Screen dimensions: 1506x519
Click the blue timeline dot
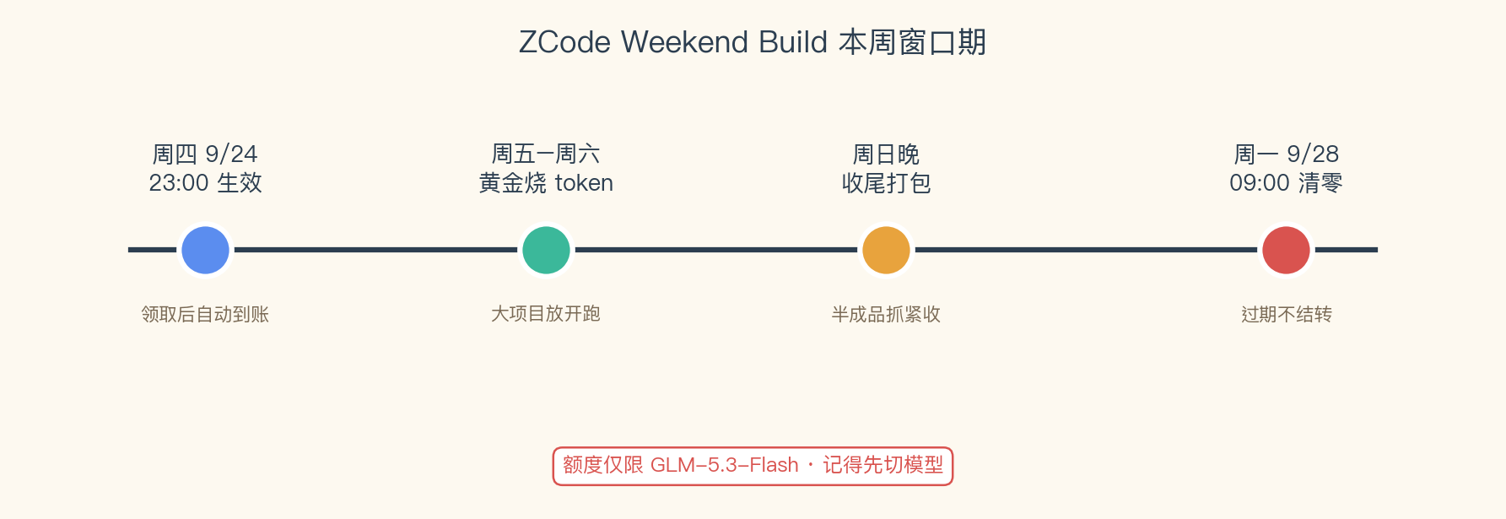tap(205, 250)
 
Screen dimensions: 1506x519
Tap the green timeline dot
tap(546, 250)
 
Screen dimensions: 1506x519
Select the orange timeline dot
tap(886, 250)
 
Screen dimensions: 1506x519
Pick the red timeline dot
tap(1286, 250)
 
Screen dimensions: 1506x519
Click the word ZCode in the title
tap(564, 42)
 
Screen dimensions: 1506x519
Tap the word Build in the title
tap(793, 42)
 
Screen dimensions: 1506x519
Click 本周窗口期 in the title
tap(912, 42)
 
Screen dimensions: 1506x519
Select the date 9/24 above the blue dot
tap(231, 154)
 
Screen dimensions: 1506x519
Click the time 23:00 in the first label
tap(179, 183)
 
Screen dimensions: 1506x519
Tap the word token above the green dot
tap(584, 183)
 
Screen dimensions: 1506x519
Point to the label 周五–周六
tap(546, 154)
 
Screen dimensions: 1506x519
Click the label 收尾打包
tap(886, 183)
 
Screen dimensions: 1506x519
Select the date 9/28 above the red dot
tap(1313, 154)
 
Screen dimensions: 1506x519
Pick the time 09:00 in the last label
tap(1260, 183)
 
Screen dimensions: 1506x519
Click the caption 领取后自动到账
tap(205, 315)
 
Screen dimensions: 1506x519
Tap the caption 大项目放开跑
tap(546, 314)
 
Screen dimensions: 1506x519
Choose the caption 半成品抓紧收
tap(886, 315)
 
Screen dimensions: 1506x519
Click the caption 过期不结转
tap(1286, 315)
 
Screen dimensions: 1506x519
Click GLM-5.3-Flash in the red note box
tap(724, 465)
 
